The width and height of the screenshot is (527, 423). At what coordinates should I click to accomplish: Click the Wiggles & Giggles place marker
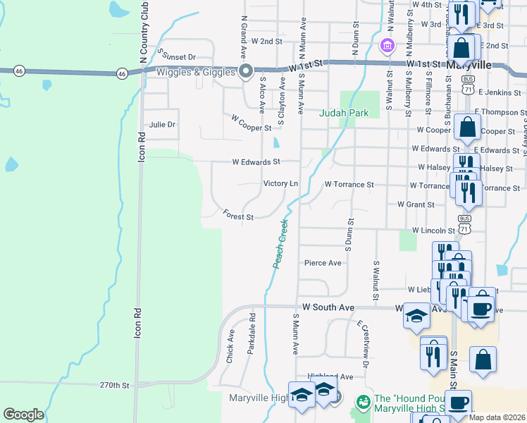(246, 70)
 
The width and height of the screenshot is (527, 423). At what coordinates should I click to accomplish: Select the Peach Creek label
(281, 243)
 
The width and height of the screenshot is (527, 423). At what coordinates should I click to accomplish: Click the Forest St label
(238, 214)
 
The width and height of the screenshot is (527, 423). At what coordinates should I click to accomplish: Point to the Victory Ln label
(280, 183)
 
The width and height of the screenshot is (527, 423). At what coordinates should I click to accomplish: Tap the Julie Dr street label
(161, 125)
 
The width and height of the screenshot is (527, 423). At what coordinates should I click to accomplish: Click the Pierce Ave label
(323, 263)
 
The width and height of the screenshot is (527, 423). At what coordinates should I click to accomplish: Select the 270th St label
(115, 386)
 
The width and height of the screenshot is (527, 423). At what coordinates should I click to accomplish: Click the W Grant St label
(416, 204)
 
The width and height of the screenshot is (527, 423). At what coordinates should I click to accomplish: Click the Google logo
(23, 415)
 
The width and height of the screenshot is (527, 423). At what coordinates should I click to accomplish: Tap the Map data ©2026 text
(497, 417)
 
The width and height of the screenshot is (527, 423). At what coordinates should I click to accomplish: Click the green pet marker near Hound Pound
(363, 403)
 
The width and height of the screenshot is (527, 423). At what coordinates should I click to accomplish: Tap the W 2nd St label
(266, 42)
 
